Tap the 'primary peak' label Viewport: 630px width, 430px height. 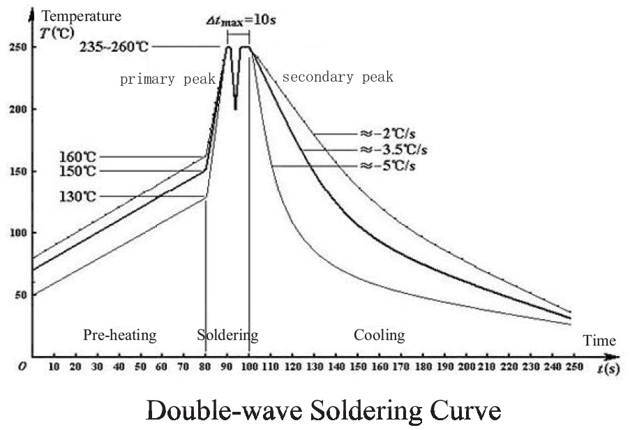167,79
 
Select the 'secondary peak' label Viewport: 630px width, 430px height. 338,77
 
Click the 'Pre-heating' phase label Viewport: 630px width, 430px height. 120,336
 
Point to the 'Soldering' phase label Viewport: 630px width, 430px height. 227,336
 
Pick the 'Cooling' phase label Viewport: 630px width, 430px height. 379,336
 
